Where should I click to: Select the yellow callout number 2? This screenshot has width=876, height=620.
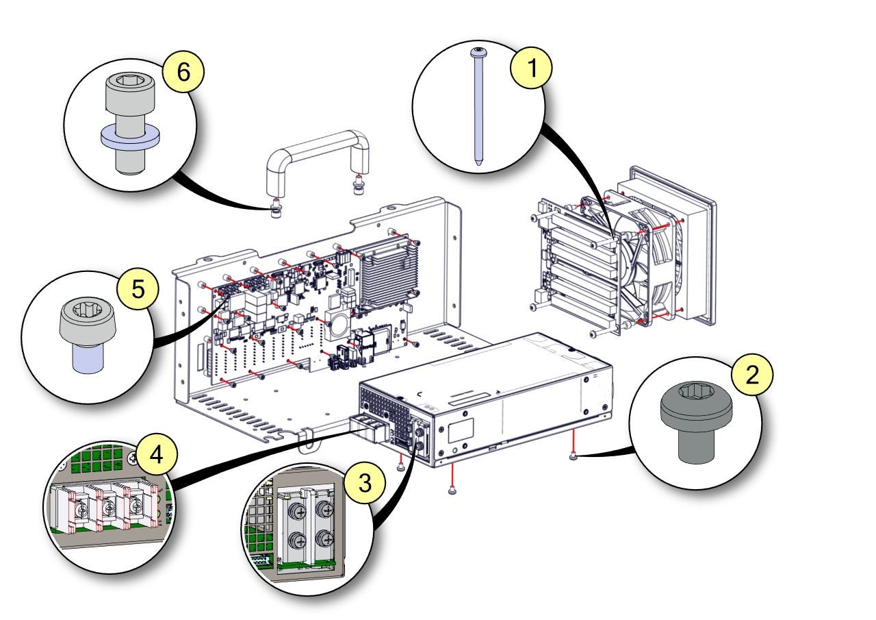pyautogui.click(x=752, y=375)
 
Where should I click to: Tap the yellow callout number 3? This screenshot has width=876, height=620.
pyautogui.click(x=365, y=482)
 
